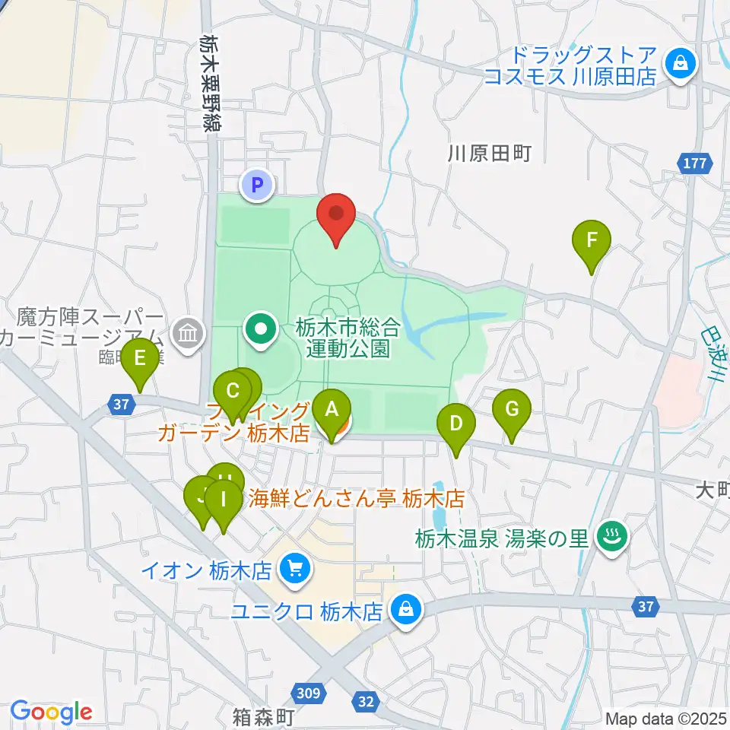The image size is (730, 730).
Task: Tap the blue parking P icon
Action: [257, 183]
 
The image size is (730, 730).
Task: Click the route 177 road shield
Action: [695, 163]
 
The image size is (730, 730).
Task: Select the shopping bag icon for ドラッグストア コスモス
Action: [678, 64]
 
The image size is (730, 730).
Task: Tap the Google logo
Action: [51, 712]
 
